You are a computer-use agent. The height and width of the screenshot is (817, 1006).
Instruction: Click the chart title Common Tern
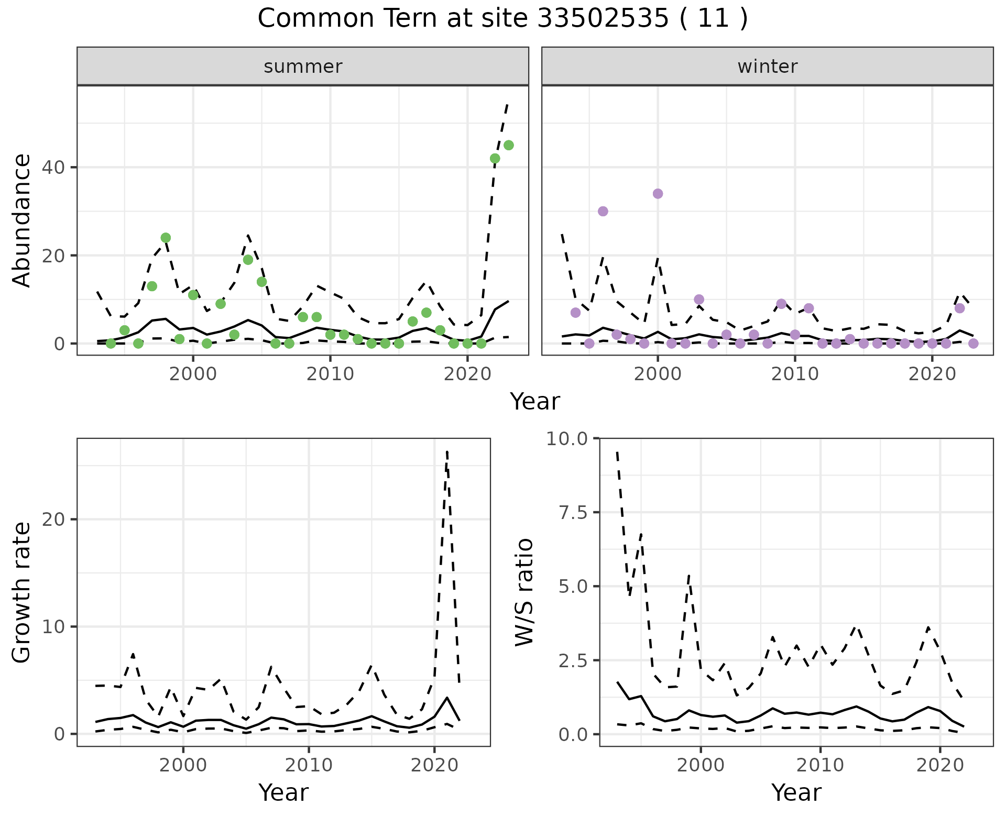point(502,19)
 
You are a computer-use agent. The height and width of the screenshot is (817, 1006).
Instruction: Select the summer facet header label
point(303,67)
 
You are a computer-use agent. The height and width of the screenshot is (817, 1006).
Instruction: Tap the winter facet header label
point(767,67)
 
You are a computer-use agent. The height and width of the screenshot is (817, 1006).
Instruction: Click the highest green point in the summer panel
point(508,145)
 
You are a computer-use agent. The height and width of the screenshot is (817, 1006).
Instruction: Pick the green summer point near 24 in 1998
point(166,238)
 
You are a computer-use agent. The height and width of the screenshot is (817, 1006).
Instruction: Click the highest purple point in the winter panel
point(658,194)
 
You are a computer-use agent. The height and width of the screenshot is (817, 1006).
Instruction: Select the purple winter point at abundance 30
point(603,211)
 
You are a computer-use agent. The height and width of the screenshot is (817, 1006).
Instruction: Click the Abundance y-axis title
point(22,220)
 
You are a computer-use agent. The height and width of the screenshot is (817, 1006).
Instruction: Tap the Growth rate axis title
point(22,592)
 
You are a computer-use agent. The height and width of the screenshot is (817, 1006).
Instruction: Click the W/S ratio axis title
point(524,592)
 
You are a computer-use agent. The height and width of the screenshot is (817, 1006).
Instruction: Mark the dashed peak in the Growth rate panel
point(446,451)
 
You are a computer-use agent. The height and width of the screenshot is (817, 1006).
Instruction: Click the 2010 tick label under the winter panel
point(795,374)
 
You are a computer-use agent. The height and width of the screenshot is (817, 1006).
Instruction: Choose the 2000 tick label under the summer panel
point(193,374)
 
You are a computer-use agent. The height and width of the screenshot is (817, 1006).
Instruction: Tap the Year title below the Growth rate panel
point(283,792)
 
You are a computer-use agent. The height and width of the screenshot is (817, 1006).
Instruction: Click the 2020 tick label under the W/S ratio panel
point(940,765)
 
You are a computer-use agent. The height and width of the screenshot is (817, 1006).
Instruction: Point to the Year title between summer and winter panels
point(535,402)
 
